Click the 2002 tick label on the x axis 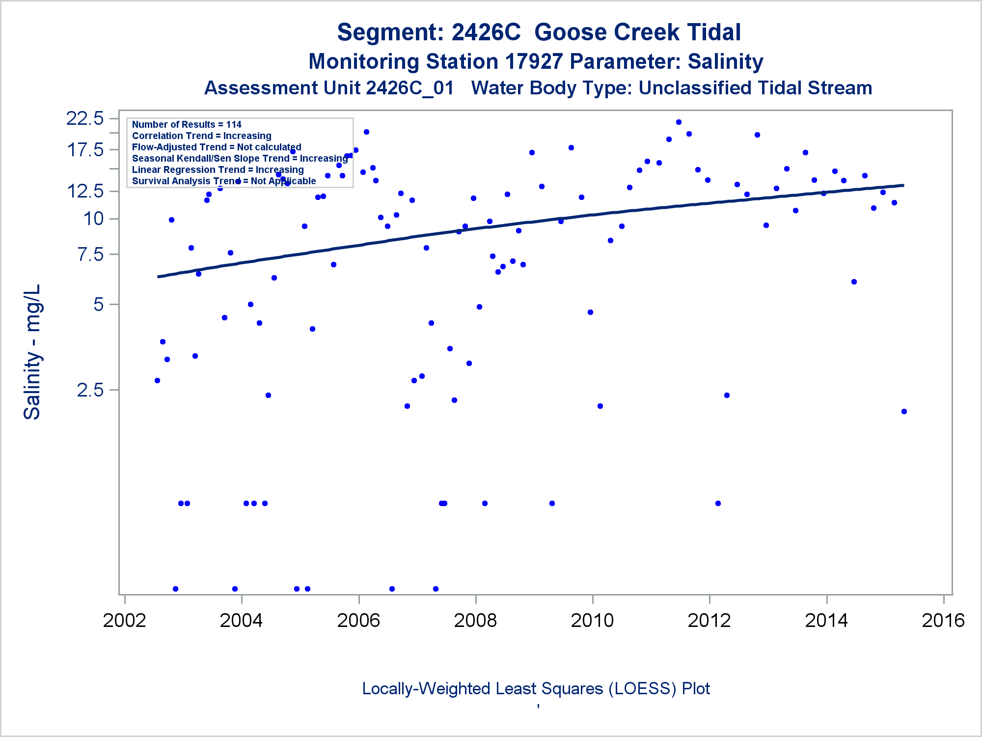pyautogui.click(x=124, y=621)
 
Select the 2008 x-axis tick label pyautogui.click(x=475, y=621)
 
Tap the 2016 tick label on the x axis pyautogui.click(x=943, y=621)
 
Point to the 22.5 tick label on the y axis pyautogui.click(x=85, y=118)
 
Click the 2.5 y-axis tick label pyautogui.click(x=91, y=390)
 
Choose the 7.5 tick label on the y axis pyautogui.click(x=91, y=255)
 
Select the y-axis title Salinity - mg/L pyautogui.click(x=32, y=352)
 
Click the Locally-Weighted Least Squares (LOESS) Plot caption pyautogui.click(x=536, y=688)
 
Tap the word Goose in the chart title pyautogui.click(x=570, y=32)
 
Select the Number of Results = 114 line pyautogui.click(x=187, y=124)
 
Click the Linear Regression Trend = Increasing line pyautogui.click(x=218, y=170)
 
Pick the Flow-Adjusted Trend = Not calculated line pyautogui.click(x=217, y=147)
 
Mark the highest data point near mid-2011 pyautogui.click(x=679, y=122)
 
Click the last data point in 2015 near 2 pyautogui.click(x=904, y=411)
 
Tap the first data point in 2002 pyautogui.click(x=157, y=380)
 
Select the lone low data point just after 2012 pyautogui.click(x=718, y=503)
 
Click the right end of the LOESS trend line pyautogui.click(x=902, y=185)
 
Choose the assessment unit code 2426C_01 pyautogui.click(x=409, y=88)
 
